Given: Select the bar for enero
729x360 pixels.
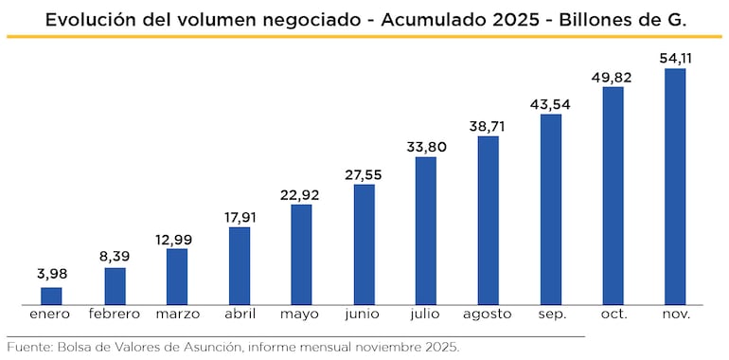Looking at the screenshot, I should pos(51,296).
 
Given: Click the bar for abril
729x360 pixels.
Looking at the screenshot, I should pos(240,265).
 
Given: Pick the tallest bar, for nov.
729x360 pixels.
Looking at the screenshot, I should pos(675,186).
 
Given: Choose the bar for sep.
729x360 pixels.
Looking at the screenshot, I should pos(551,208).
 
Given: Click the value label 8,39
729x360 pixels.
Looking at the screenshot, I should pos(115,255).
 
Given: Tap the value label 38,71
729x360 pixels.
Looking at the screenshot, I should pos(489,124).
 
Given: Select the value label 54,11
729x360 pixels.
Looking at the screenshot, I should pos(675,58).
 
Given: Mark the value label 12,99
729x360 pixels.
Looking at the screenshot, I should pos(177,236).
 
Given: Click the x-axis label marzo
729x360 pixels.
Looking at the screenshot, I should pos(177,314).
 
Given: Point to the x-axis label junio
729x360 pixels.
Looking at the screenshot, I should pos(364,314).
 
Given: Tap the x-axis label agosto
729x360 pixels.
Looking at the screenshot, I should pos(489,314).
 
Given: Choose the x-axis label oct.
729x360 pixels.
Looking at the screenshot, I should pos(613,314).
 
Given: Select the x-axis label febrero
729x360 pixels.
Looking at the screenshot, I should pos(115,314).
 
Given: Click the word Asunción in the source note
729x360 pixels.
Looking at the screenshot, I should pos(209,347).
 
